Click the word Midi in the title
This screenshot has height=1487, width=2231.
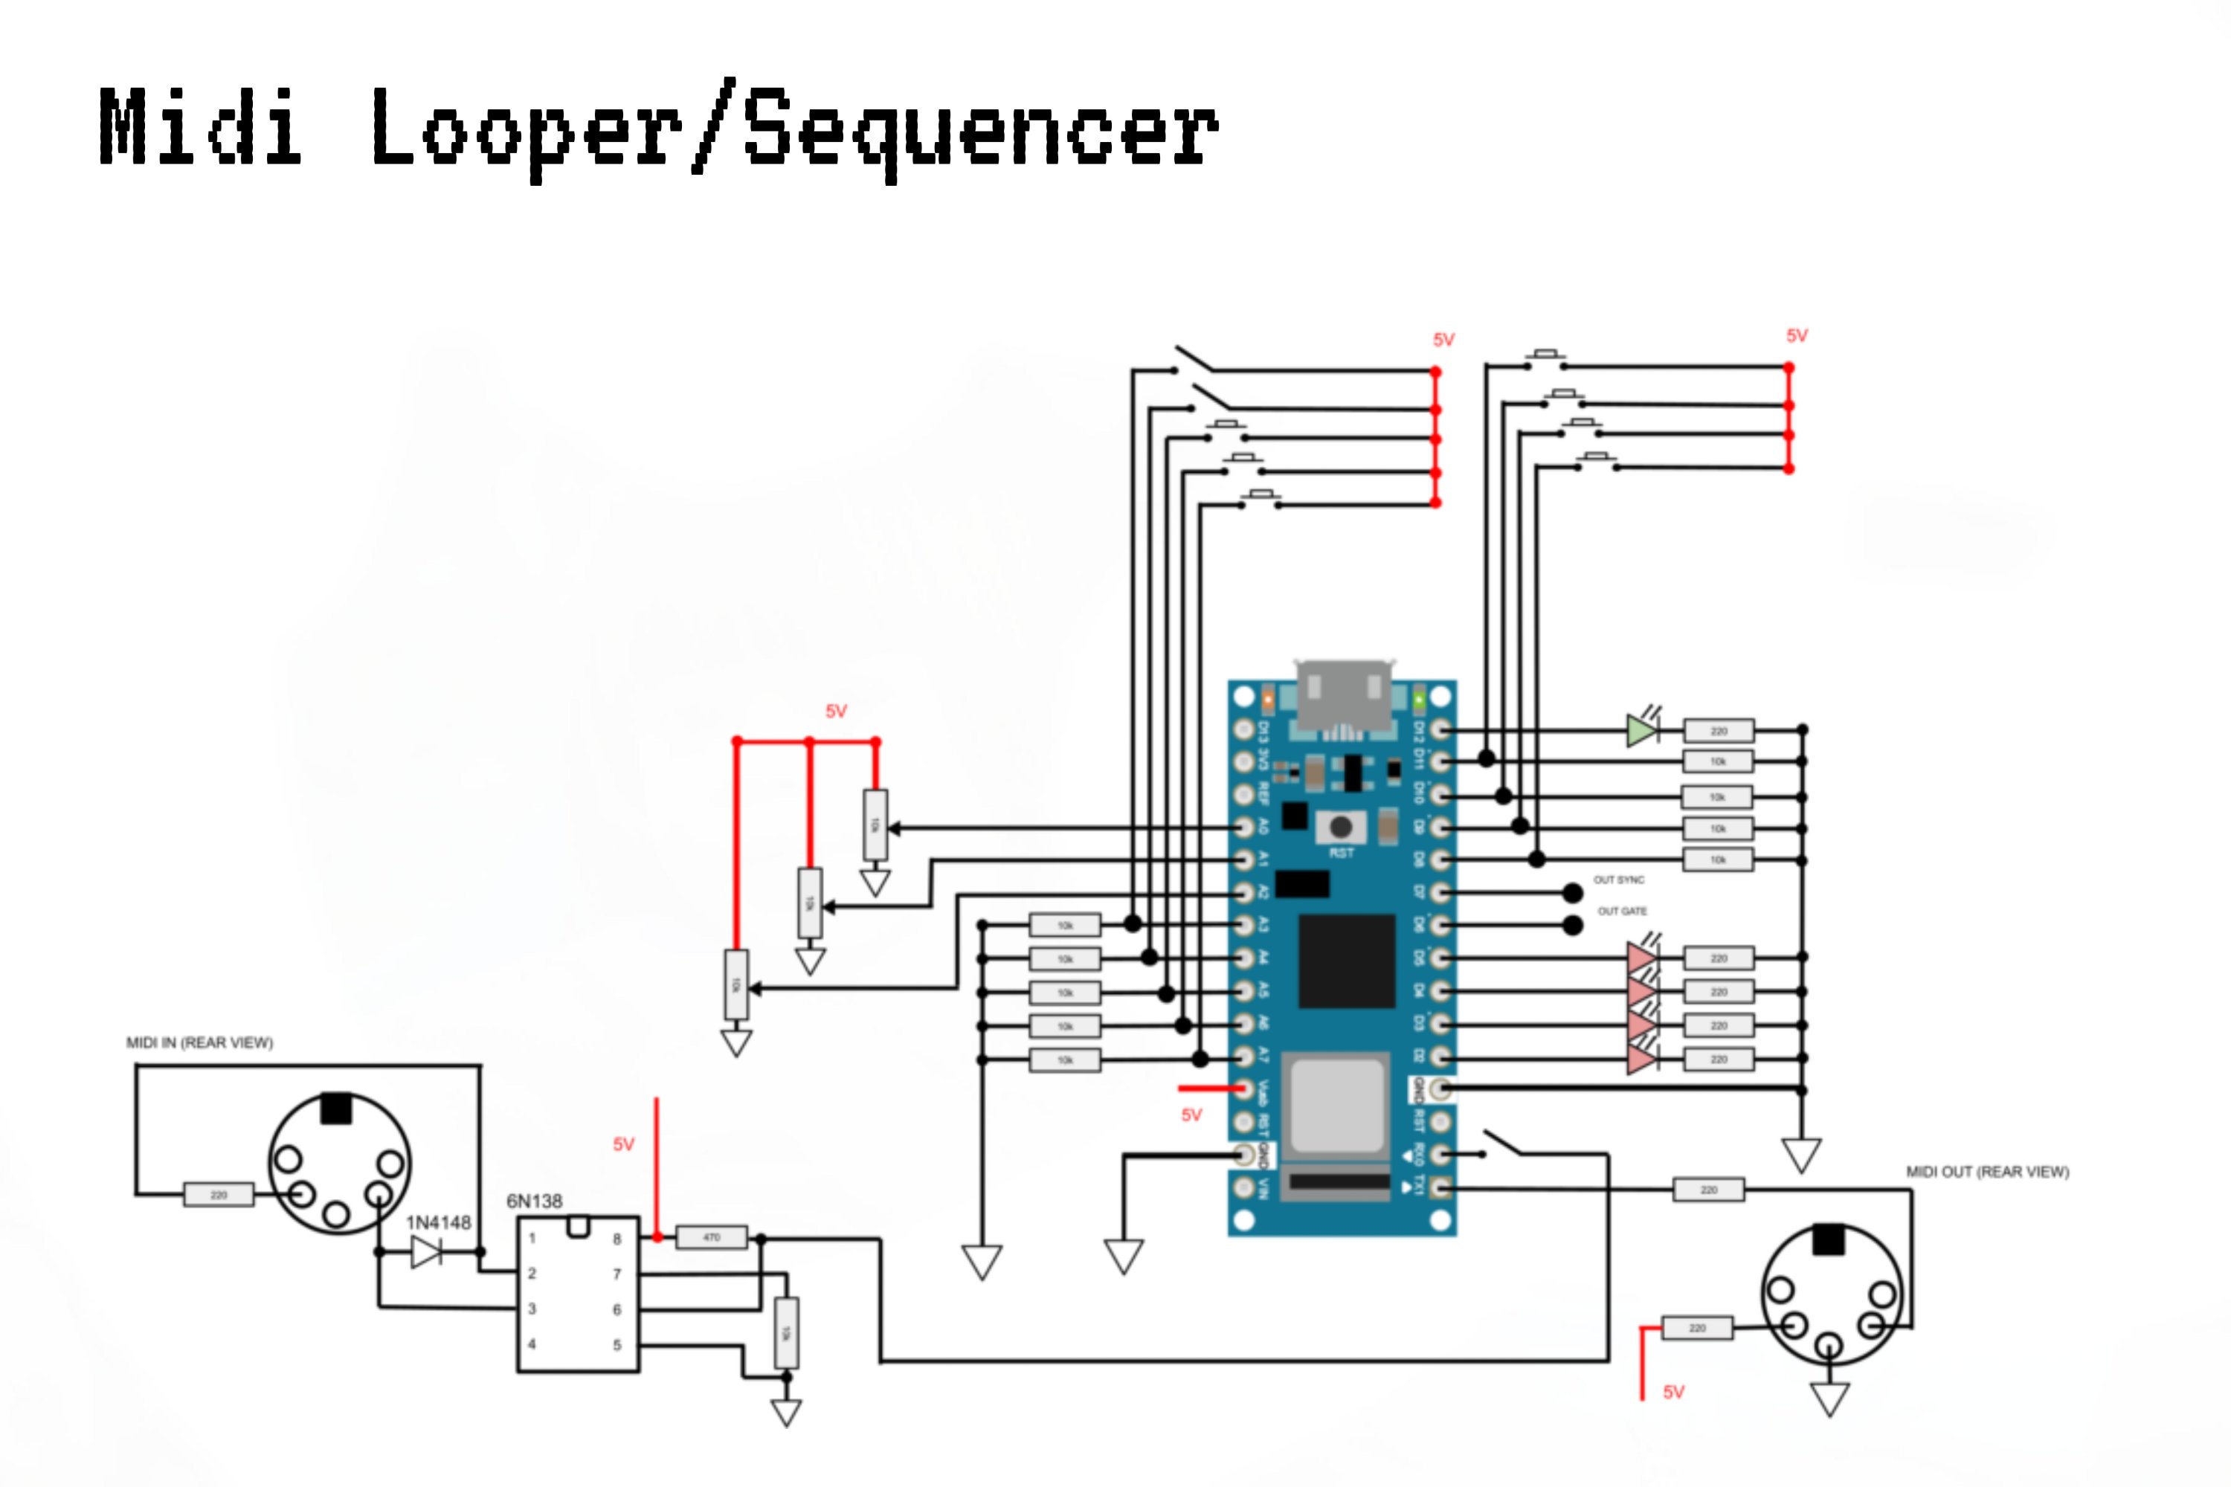200,126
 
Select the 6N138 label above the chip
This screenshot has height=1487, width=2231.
534,1201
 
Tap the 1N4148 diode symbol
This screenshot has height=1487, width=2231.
426,1253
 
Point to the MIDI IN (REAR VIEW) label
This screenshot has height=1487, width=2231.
199,1042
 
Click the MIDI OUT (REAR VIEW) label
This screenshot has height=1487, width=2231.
1987,1172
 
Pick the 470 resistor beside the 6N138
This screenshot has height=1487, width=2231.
712,1238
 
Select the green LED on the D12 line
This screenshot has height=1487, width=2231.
1641,730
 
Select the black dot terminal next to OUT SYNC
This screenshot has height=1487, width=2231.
1573,892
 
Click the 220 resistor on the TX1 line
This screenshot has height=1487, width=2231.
1708,1189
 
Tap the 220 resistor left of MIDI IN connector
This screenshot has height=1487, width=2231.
218,1195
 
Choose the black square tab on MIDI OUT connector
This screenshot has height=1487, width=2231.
1829,1239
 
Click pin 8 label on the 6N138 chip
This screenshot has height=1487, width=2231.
616,1239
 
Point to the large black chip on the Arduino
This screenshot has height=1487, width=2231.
1346,961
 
